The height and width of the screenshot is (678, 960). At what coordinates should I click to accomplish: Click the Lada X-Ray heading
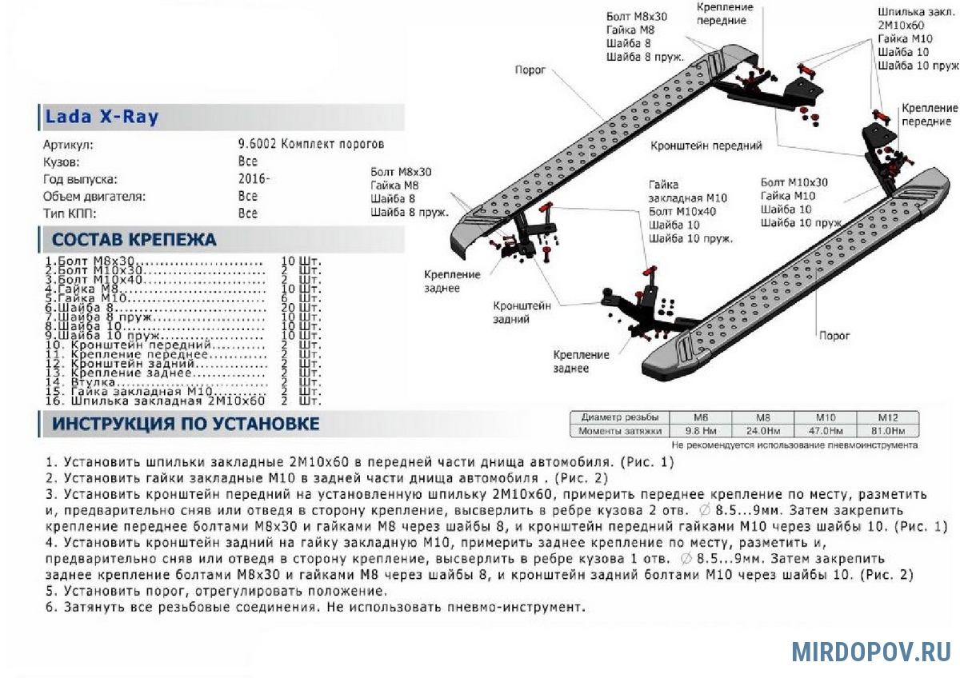coord(102,117)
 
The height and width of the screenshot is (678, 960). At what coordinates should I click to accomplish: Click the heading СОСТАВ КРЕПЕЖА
coord(134,240)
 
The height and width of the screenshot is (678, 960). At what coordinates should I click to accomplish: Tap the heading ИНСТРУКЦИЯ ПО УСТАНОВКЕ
coord(186,424)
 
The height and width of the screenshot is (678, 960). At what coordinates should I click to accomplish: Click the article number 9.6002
coord(256,144)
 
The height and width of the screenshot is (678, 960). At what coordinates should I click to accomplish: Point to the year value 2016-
coord(254,178)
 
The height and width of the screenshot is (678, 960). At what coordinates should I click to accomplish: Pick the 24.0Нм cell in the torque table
coord(764,431)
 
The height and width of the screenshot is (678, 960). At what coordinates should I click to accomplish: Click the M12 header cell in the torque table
coord(887,417)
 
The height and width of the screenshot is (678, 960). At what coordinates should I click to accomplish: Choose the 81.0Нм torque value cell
coord(887,431)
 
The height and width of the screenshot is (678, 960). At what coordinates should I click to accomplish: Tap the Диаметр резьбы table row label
coord(620,417)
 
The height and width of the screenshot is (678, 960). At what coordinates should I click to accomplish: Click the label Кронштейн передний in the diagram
coord(706,146)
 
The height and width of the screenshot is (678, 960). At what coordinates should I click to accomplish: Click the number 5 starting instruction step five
coord(49,592)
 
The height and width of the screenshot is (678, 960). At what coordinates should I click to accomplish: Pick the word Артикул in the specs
coord(68,145)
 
